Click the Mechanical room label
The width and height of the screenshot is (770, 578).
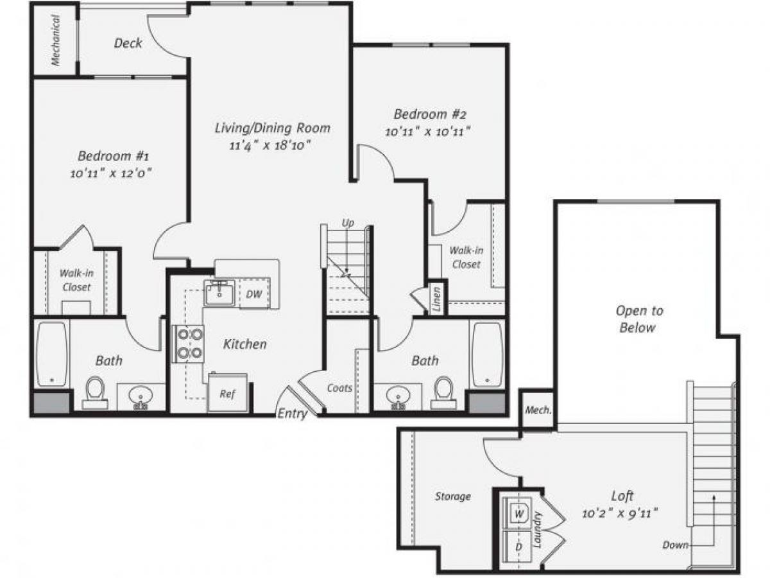pyautogui.click(x=56, y=40)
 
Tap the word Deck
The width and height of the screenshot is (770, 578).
pyautogui.click(x=128, y=44)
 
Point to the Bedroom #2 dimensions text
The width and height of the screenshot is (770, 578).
pyautogui.click(x=429, y=132)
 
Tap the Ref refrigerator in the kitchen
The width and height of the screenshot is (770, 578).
pyautogui.click(x=227, y=393)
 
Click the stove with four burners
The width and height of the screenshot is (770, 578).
pyautogui.click(x=188, y=344)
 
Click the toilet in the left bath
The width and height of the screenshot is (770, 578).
pyautogui.click(x=95, y=390)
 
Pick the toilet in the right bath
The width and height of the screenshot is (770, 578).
pyautogui.click(x=443, y=390)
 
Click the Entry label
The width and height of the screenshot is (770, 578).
pyautogui.click(x=292, y=414)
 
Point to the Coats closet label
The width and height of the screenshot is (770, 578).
pyautogui.click(x=339, y=388)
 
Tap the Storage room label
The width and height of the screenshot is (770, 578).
pyautogui.click(x=453, y=496)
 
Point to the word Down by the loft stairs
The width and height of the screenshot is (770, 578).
pyautogui.click(x=676, y=545)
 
